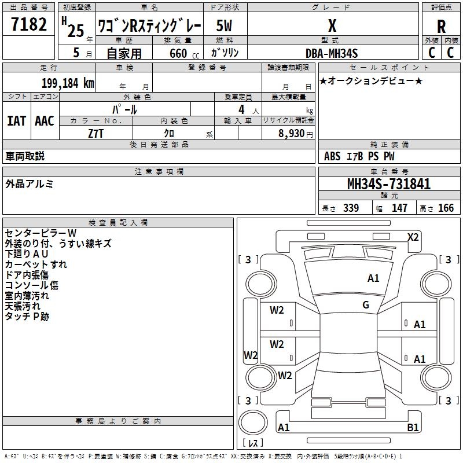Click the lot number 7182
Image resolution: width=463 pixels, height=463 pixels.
click(x=29, y=24)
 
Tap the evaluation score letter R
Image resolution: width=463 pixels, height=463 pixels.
click(x=441, y=27)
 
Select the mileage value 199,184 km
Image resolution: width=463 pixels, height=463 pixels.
click(x=68, y=83)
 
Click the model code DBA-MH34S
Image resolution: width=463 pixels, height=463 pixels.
click(x=332, y=53)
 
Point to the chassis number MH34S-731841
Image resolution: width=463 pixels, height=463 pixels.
click(x=389, y=184)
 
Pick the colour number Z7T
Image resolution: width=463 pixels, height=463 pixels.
click(x=95, y=134)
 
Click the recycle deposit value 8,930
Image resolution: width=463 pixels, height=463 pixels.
click(x=292, y=134)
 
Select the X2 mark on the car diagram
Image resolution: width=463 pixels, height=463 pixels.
click(x=413, y=237)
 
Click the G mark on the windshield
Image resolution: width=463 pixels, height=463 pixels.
click(x=366, y=305)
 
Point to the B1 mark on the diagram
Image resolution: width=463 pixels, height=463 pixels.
click(x=413, y=427)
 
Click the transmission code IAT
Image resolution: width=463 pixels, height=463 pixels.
click(x=17, y=121)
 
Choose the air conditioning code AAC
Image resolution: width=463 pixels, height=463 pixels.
click(x=45, y=121)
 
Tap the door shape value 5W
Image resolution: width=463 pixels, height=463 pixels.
click(x=224, y=25)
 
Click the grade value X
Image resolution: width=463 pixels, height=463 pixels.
click(x=332, y=25)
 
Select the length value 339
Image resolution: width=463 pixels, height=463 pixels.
click(x=351, y=208)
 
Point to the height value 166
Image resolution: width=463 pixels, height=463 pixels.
click(x=446, y=208)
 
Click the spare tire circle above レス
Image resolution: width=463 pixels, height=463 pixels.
click(x=253, y=422)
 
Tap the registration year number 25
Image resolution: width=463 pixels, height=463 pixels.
click(x=76, y=31)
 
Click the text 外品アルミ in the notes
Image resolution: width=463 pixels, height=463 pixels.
click(x=30, y=183)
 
